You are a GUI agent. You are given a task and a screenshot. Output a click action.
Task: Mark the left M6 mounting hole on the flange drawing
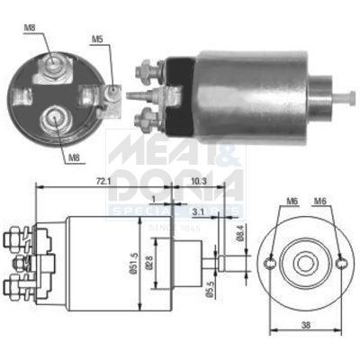pyautogui.click(x=271, y=263)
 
